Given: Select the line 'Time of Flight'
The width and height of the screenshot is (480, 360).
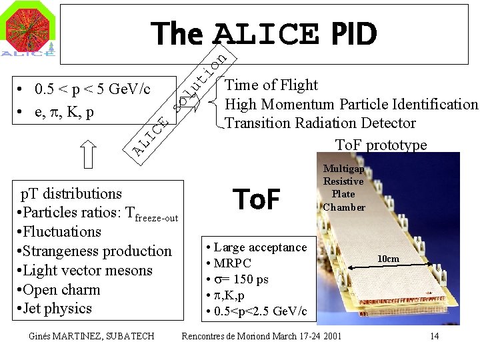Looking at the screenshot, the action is tap(271, 85).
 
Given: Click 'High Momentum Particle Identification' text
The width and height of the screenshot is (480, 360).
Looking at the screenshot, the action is tap(351, 104).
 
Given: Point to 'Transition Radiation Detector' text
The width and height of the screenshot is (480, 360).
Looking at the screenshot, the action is tap(320, 123).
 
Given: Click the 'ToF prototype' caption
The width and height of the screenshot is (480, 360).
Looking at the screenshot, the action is tap(381, 145).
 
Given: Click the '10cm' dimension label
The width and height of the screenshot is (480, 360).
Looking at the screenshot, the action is tap(388, 259).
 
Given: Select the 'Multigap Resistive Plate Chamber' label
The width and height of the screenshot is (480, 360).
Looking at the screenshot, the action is tap(343, 188).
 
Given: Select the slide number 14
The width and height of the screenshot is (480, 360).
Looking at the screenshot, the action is tap(434, 335).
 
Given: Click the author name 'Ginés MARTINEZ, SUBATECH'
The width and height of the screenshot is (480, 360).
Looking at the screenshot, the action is tap(92, 335).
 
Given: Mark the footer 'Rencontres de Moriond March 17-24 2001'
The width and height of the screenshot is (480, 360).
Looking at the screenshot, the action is tap(261, 335).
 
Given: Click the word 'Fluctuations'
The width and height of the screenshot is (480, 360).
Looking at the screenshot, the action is tap(61, 232).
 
